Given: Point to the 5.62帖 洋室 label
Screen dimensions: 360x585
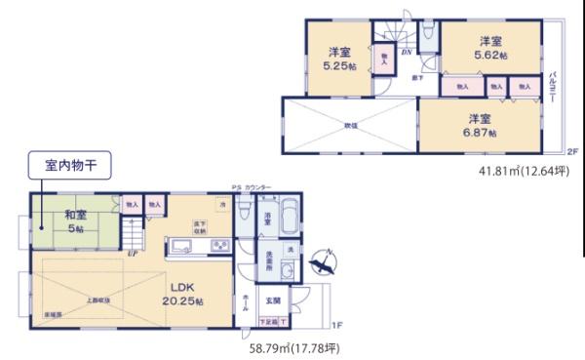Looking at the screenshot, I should click(490, 49).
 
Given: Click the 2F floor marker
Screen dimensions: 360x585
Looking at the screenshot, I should click(572, 152).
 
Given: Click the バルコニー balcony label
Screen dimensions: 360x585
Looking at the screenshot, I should click(553, 86).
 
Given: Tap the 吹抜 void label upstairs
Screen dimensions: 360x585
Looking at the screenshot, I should click(350, 125).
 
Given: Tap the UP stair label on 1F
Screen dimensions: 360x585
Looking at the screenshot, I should click(132, 253).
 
